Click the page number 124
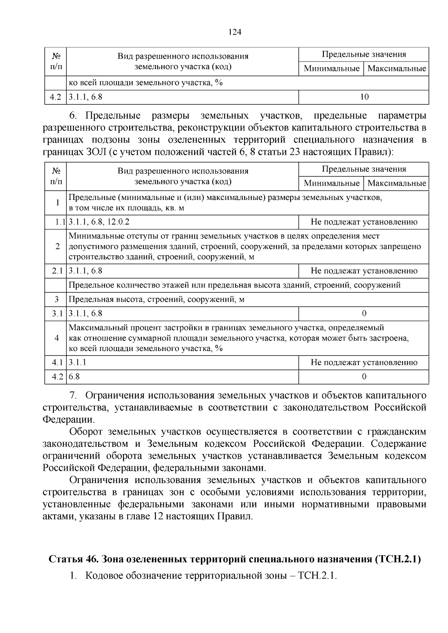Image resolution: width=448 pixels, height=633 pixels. point(235,32)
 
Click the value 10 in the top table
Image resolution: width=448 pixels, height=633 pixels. point(364,97)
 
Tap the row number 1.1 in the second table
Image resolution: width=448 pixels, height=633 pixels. point(60,222)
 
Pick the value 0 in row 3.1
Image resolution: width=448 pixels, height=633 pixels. point(364,314)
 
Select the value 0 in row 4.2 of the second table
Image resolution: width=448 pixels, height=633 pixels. point(364,377)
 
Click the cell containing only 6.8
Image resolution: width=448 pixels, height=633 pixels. point(74,377)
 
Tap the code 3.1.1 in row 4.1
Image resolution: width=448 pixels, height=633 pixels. point(77,362)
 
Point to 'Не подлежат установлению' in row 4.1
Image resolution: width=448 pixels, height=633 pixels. point(364,362)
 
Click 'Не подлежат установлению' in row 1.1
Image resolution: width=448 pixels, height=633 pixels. point(364,222)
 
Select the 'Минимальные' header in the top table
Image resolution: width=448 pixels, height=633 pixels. point(331,69)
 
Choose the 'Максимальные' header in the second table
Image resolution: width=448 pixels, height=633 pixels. point(396,183)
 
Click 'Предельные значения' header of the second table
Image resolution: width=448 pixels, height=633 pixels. point(364,169)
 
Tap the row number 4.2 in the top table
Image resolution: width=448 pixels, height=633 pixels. point(55,97)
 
